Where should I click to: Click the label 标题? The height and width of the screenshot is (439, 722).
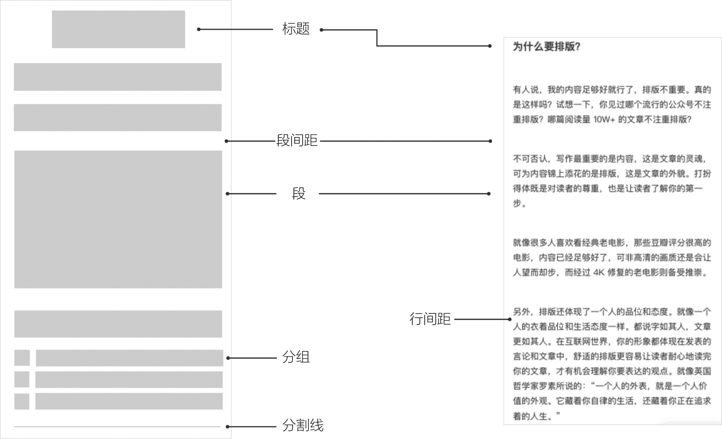click(296, 29)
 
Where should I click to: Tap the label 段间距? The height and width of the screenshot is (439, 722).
click(297, 141)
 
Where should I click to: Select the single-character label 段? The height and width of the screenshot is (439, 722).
click(298, 194)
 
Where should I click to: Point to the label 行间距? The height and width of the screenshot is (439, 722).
click(430, 319)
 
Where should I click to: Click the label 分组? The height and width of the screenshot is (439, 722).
click(296, 357)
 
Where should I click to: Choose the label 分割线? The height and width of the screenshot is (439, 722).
click(303, 425)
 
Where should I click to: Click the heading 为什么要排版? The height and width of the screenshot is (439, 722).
click(547, 46)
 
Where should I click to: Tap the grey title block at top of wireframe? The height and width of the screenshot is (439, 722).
click(118, 29)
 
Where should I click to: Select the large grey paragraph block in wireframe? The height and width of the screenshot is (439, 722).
click(118, 219)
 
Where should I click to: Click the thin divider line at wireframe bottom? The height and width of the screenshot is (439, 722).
click(117, 427)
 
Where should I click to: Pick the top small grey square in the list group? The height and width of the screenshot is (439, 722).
click(22, 358)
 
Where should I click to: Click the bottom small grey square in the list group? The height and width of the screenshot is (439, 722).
click(22, 401)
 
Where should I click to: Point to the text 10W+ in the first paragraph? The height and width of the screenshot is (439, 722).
click(604, 119)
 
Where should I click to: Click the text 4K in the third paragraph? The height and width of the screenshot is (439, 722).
click(599, 272)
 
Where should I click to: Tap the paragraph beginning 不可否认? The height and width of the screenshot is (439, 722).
click(612, 181)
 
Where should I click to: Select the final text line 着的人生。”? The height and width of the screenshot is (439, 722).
click(536, 416)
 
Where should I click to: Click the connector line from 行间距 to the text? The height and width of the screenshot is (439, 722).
click(482, 319)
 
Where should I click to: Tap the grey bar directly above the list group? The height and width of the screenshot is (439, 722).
click(118, 324)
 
